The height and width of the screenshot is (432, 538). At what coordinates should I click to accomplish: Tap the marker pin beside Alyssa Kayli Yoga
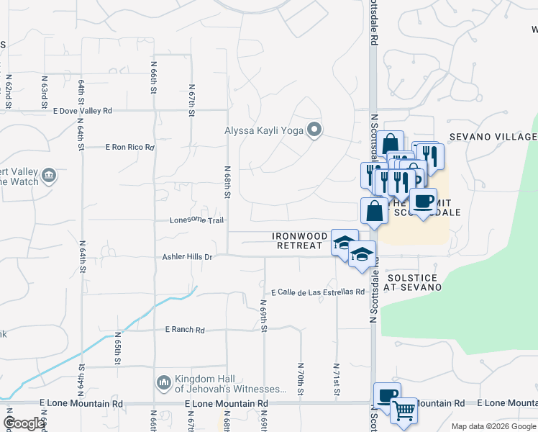tap(314, 130)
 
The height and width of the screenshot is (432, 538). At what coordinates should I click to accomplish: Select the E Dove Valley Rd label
tap(83, 111)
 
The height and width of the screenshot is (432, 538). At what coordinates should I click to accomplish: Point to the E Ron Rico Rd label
tap(129, 147)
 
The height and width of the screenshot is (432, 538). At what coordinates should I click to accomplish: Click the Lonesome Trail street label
tap(197, 220)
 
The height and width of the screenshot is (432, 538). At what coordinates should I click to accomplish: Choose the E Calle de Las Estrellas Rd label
tap(318, 292)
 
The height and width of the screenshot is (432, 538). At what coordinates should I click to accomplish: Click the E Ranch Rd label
tap(185, 330)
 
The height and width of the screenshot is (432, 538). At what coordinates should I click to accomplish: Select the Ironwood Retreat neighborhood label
tap(297, 240)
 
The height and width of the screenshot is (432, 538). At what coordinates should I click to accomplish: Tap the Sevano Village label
tap(493, 137)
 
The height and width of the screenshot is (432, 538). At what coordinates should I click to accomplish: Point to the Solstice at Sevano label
tap(413, 282)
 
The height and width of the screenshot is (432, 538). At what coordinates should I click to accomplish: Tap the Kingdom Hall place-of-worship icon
tap(163, 381)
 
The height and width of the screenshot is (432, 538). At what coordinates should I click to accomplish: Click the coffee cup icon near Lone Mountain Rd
tap(387, 395)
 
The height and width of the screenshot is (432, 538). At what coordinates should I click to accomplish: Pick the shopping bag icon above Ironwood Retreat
tap(373, 211)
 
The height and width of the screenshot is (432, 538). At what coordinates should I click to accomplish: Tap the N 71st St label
tap(336, 379)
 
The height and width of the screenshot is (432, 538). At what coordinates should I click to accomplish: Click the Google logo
tap(24, 423)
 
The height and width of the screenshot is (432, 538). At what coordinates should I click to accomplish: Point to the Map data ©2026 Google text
tap(493, 426)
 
